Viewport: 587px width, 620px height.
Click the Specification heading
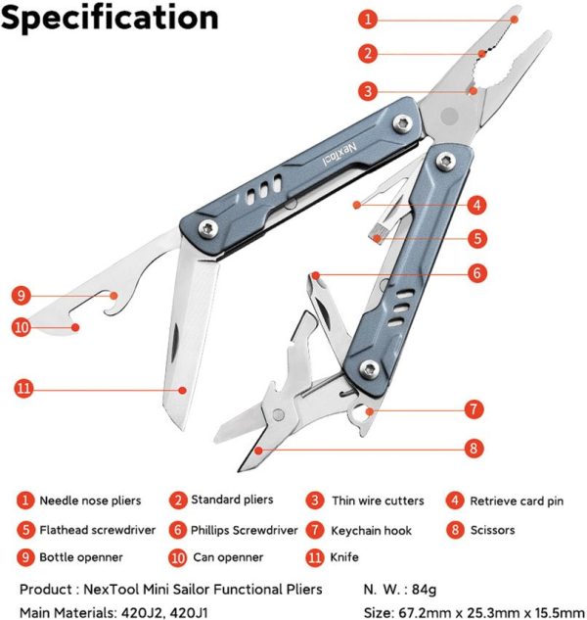tap(110, 18)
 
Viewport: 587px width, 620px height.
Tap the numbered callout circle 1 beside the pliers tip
tap(367, 19)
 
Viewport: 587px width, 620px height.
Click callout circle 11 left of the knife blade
tap(24, 388)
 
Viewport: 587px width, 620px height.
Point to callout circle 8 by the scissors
tap(473, 448)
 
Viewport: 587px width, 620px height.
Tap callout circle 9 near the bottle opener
tap(23, 294)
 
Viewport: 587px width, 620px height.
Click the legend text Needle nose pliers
tap(90, 501)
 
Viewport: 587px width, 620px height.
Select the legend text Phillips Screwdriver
tap(245, 530)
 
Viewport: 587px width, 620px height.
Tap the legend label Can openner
tap(227, 557)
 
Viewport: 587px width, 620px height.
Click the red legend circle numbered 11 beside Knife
tap(313, 557)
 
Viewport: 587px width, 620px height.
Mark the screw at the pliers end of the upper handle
tap(402, 122)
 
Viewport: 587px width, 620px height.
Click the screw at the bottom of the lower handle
tap(368, 368)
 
